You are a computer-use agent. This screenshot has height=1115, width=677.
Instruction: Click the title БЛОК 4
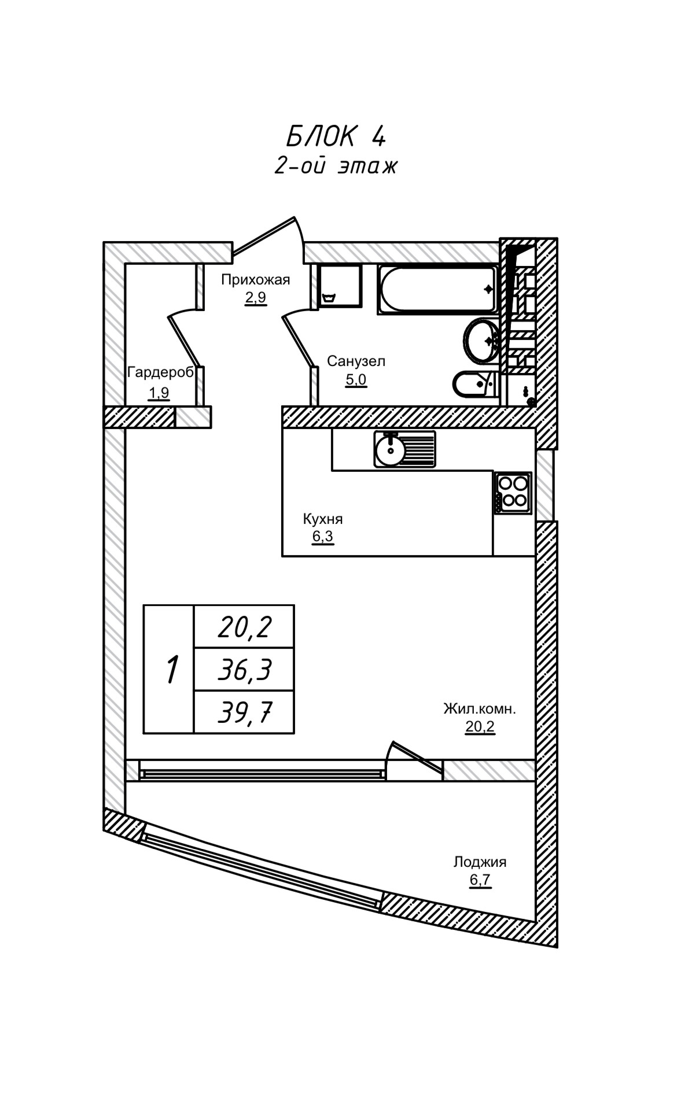(x=336, y=136)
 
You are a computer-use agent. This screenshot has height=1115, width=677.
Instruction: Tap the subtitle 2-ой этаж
(x=336, y=166)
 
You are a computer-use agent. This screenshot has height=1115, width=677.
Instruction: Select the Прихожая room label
(x=255, y=280)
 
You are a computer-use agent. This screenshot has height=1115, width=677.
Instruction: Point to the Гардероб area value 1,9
(x=159, y=393)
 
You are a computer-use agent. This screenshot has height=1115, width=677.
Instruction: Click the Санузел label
(x=356, y=361)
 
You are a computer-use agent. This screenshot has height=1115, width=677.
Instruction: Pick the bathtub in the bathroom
(x=437, y=289)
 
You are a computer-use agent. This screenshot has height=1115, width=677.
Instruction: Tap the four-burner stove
(x=513, y=493)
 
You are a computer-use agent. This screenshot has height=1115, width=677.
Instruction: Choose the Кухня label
(x=323, y=519)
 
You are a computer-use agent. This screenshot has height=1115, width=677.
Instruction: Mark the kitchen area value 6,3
(x=323, y=537)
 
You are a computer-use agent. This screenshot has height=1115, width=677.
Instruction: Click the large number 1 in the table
(x=171, y=670)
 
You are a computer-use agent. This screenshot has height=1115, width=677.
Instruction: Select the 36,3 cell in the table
(x=245, y=670)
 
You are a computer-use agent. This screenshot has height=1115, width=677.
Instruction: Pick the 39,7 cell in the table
(x=245, y=712)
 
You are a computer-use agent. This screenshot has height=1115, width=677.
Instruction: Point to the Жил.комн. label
(x=480, y=708)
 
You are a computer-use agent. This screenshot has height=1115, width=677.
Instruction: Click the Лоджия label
(x=480, y=862)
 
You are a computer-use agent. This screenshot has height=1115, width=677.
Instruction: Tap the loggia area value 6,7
(x=480, y=880)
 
